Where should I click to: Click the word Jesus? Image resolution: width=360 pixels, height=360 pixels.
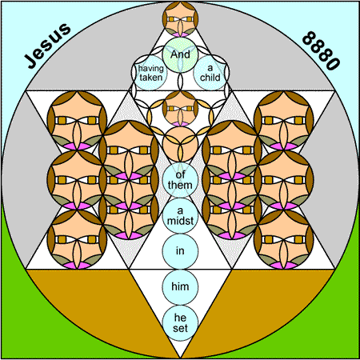point(47,46)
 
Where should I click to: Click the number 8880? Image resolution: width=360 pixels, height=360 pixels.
point(321,50)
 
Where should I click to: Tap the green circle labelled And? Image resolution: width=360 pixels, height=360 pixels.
point(180,54)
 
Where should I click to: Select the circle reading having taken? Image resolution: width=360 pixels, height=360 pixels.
point(150,73)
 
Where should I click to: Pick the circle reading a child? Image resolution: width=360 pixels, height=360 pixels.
point(210,73)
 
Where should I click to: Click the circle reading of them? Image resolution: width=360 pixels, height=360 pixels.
point(180,180)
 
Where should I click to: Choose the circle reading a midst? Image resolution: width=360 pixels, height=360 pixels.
point(180,216)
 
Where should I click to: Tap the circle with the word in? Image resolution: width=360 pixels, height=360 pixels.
point(180,251)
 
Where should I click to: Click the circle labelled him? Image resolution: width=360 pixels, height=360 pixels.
point(180,287)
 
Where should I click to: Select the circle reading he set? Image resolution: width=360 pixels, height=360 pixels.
point(180,323)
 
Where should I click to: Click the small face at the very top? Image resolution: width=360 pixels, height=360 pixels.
point(180,19)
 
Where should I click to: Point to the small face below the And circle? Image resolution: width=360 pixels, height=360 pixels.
point(180,109)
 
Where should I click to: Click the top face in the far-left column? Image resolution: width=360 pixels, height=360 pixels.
point(77,121)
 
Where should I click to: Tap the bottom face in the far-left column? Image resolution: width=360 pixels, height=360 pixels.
point(77,239)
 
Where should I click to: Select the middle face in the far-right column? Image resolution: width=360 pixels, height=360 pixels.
point(284,180)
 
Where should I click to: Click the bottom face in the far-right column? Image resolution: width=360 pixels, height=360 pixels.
point(284,239)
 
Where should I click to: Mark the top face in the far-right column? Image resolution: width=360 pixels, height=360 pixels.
point(284,121)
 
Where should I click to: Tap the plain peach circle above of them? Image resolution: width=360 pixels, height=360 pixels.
point(180,144)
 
